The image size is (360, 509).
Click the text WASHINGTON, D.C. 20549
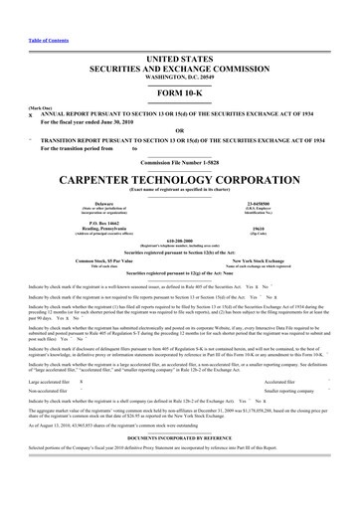179,49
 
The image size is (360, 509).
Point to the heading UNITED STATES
179,32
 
